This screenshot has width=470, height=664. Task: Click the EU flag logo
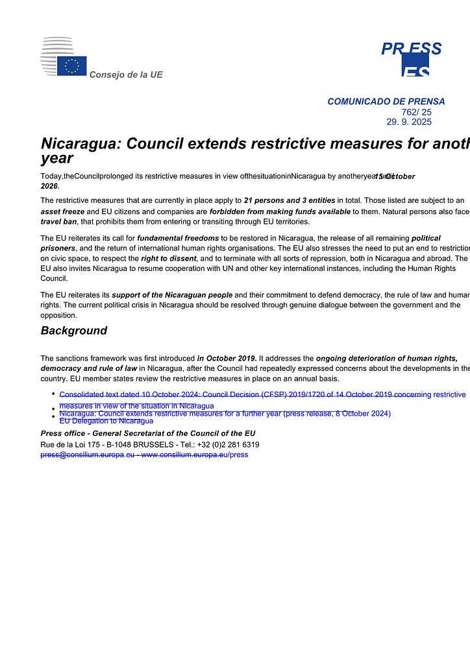coord(71,65)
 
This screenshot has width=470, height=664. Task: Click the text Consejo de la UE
coord(126,75)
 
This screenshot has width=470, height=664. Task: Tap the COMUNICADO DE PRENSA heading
coord(386,102)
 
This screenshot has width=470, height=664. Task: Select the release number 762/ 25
coord(416,112)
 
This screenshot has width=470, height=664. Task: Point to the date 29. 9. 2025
coord(409,122)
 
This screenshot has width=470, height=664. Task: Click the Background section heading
coord(74,331)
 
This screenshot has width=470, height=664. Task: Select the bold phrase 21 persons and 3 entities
coord(290,200)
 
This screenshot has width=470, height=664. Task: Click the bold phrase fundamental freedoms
coord(178,238)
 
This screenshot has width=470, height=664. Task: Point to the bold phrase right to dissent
coord(168,259)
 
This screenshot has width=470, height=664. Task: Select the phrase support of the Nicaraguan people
coord(172,295)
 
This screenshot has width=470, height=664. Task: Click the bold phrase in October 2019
coord(227,358)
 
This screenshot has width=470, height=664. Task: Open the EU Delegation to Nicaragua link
coord(106,421)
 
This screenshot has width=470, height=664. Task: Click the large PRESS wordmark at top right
coord(411,49)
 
